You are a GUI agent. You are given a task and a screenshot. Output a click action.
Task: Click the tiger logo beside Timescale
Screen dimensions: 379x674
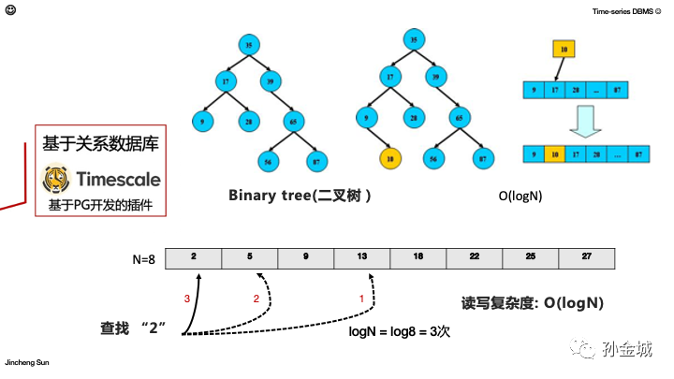point(56,179)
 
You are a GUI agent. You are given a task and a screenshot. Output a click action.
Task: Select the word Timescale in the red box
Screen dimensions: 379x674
point(117,179)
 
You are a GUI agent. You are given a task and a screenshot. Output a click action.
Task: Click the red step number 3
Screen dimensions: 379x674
point(187,299)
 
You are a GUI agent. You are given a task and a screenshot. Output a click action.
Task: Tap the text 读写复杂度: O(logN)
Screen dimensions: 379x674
point(531,304)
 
